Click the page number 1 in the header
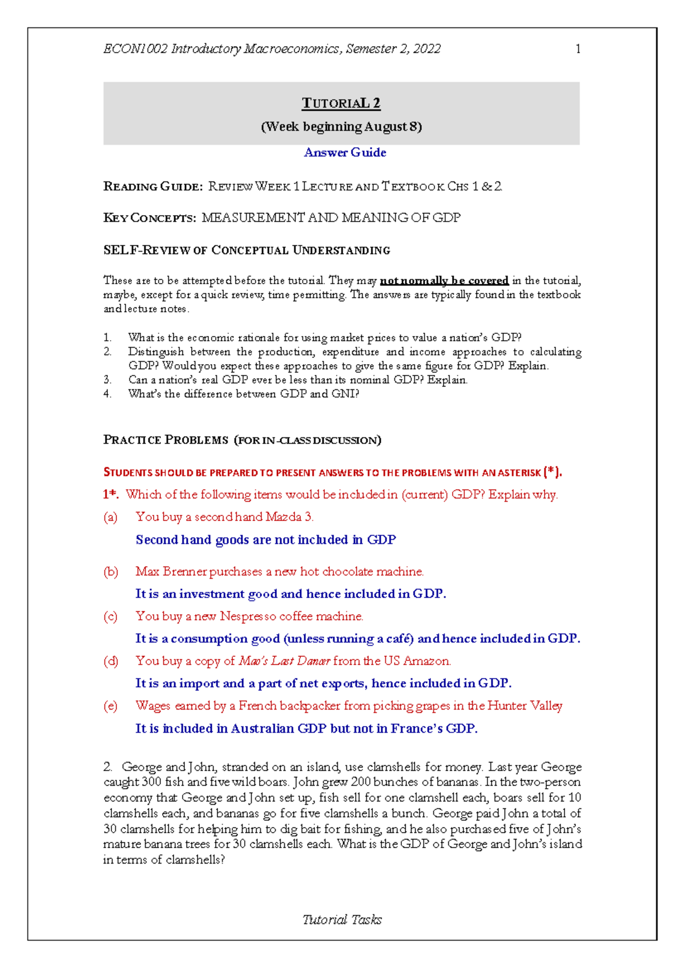[x=578, y=49]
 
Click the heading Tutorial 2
[x=341, y=103]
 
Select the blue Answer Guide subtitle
[x=345, y=152]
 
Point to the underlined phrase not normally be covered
[x=444, y=280]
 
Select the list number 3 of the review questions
[x=107, y=380]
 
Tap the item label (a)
[x=110, y=517]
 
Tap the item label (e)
[x=110, y=706]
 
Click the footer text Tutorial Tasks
[x=342, y=919]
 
